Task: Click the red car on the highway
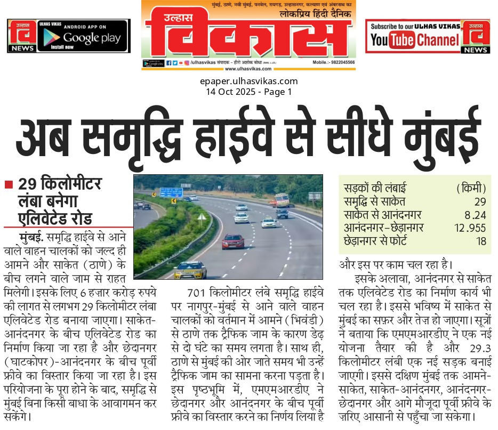click(232, 241)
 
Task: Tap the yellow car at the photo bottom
click(190, 270)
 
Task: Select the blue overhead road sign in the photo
click(171, 192)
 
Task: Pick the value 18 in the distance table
click(481, 241)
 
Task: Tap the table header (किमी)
click(471, 188)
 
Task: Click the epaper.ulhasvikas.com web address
click(248, 81)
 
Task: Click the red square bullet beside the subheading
click(9, 184)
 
